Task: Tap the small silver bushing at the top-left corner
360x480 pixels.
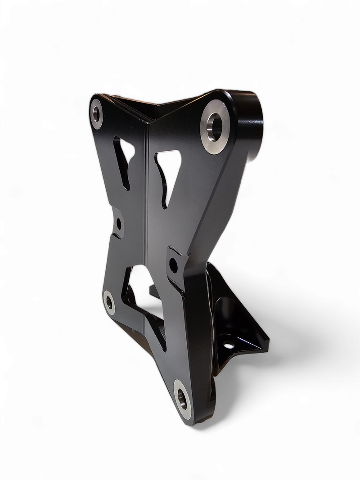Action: [96, 114]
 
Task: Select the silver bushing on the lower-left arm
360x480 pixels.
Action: [109, 302]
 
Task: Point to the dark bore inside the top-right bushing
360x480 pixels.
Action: [216, 126]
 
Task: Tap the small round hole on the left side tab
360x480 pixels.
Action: [119, 224]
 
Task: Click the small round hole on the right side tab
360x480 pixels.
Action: [173, 265]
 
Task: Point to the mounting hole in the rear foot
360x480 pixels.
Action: [229, 345]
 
